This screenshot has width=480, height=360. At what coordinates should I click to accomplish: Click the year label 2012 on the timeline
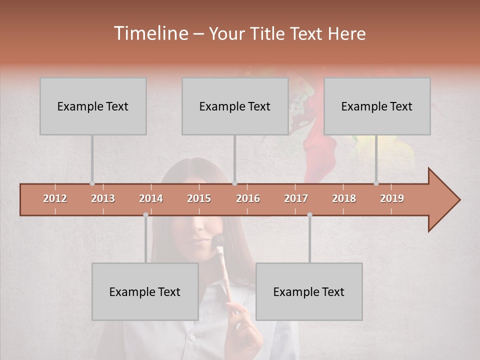55,198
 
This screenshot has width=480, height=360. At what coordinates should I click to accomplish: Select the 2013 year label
103,198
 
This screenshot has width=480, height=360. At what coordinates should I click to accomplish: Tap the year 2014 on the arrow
151,198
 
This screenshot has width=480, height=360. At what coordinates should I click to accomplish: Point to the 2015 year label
199,198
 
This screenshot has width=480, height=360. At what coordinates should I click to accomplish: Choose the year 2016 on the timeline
248,198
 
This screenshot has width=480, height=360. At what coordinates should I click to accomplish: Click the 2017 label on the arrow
296,198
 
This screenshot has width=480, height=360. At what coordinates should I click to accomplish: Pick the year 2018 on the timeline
344,198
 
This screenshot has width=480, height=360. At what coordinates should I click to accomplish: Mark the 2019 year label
392,198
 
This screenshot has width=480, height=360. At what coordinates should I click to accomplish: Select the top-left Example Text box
93,106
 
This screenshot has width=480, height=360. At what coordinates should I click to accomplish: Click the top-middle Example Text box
235,106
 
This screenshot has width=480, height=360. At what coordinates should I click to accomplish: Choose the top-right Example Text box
377,106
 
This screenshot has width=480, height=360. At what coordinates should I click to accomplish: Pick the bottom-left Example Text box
145,291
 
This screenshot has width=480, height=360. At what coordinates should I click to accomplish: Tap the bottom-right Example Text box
309,291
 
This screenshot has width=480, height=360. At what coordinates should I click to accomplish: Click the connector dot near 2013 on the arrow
92,183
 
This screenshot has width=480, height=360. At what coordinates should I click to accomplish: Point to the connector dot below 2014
145,215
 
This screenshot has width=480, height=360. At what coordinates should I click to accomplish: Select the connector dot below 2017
309,215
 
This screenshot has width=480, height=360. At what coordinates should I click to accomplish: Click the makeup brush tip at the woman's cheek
218,240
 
